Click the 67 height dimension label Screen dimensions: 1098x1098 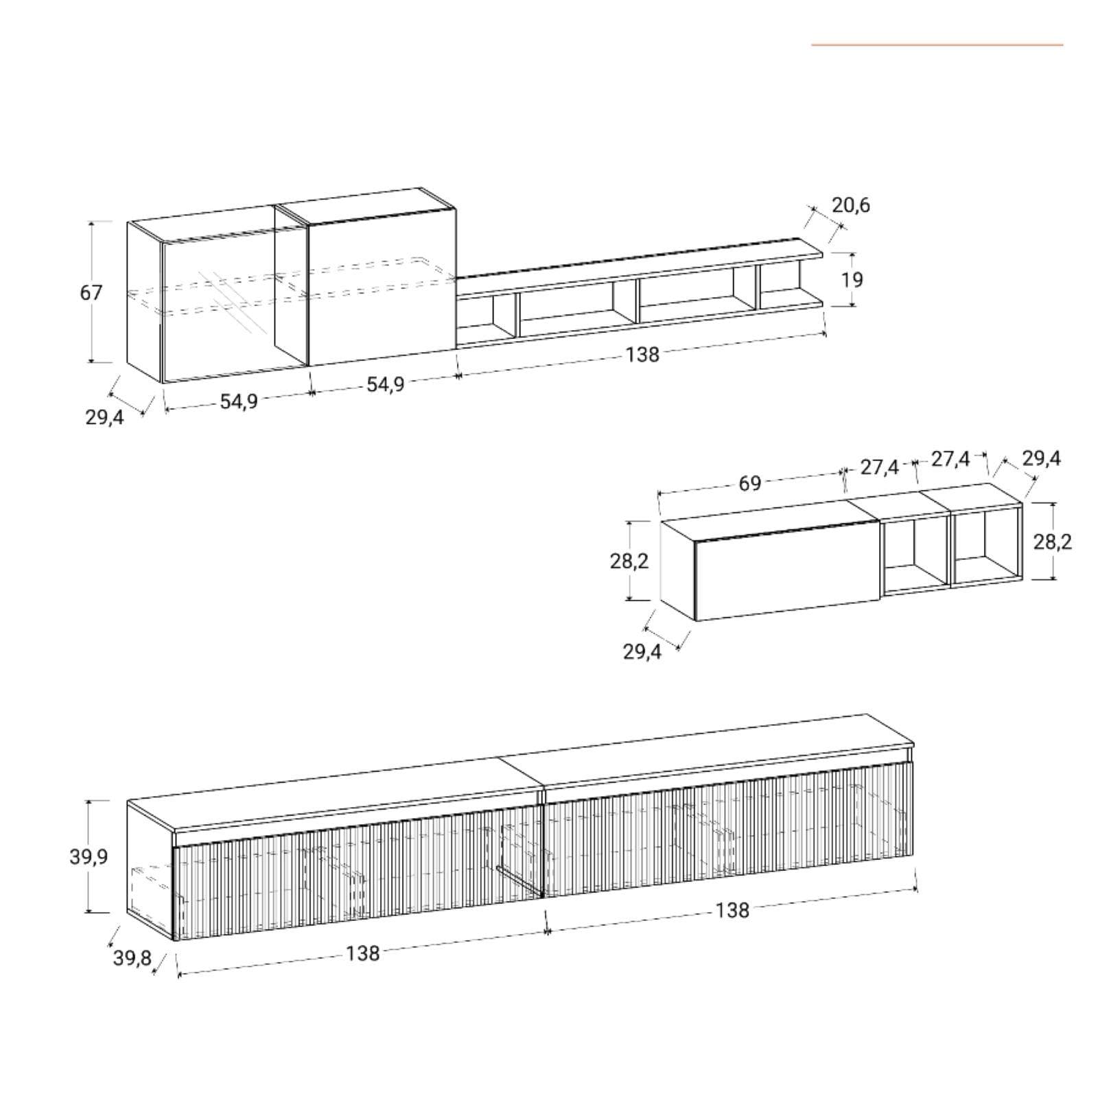tap(91, 293)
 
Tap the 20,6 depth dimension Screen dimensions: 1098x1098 tap(851, 205)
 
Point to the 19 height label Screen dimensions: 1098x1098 tap(852, 280)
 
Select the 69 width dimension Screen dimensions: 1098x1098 tap(749, 483)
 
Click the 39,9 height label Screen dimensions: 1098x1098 tap(89, 857)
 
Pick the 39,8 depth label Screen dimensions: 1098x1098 tap(132, 958)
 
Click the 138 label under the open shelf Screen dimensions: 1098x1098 tap(642, 355)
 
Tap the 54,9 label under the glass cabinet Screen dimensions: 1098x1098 tap(239, 401)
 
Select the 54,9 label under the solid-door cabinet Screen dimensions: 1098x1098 tap(385, 384)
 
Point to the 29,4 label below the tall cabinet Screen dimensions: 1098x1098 tap(104, 417)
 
